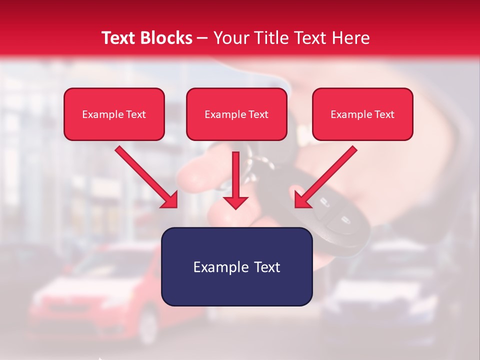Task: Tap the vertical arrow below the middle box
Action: click(x=235, y=180)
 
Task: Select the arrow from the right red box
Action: click(x=325, y=177)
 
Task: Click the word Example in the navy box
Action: click(x=214, y=267)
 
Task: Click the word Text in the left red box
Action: click(x=135, y=114)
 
